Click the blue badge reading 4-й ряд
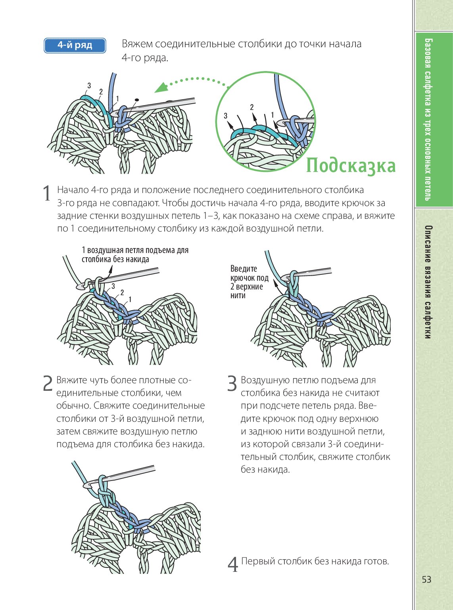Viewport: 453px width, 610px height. (75, 45)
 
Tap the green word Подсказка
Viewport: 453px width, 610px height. (351, 166)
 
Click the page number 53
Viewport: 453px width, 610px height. (426, 579)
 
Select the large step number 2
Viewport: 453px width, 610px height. (48, 383)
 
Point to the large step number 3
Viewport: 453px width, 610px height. (232, 383)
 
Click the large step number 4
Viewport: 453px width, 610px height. (233, 564)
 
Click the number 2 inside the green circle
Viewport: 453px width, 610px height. (252, 107)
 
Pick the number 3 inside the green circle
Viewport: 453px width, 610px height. (226, 116)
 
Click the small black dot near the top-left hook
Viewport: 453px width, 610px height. (137, 99)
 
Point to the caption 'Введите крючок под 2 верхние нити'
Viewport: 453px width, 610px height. (249, 282)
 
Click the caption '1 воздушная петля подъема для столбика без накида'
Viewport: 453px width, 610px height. (135, 255)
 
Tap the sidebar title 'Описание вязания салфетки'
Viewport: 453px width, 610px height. (428, 282)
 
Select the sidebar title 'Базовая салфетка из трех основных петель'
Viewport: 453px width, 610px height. (428, 119)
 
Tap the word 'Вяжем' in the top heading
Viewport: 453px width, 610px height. (137, 44)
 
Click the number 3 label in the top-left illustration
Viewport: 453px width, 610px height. (89, 85)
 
